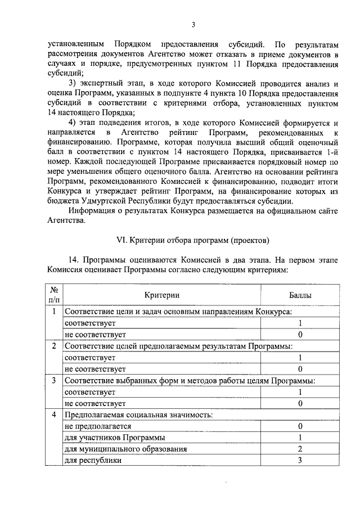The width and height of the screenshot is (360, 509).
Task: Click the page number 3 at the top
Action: [x=193, y=24]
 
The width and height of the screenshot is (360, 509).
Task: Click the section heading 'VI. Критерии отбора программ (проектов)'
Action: [x=192, y=240]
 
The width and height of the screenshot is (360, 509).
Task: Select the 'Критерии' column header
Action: [x=161, y=294]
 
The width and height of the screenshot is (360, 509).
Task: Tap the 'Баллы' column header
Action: [x=300, y=294]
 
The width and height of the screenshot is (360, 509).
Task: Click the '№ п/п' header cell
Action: [x=54, y=294]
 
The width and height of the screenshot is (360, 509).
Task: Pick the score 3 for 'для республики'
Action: [x=300, y=460]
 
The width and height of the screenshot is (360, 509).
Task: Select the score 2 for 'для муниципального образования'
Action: [x=300, y=449]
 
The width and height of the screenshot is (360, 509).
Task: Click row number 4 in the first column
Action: [x=54, y=415]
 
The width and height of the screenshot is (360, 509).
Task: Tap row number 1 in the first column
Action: [x=54, y=312]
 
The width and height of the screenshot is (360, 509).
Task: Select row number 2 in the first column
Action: [x=54, y=346]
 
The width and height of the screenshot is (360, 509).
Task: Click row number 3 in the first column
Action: [x=54, y=381]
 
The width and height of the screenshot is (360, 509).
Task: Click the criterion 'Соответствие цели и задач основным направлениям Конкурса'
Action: [x=178, y=312]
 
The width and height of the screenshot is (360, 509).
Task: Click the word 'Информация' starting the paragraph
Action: [x=93, y=210]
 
